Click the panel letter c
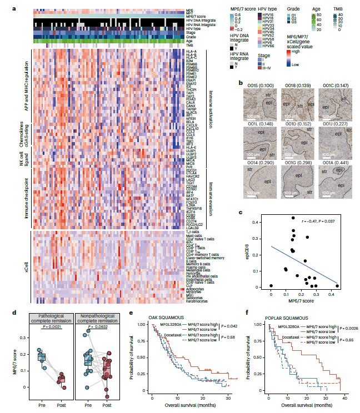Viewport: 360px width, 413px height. coord(239,212)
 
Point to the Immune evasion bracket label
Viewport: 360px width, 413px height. coord(211,197)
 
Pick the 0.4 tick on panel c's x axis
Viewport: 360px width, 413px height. coord(337,292)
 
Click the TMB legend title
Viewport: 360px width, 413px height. coord(338,9)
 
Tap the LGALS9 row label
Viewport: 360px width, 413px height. coord(193,228)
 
